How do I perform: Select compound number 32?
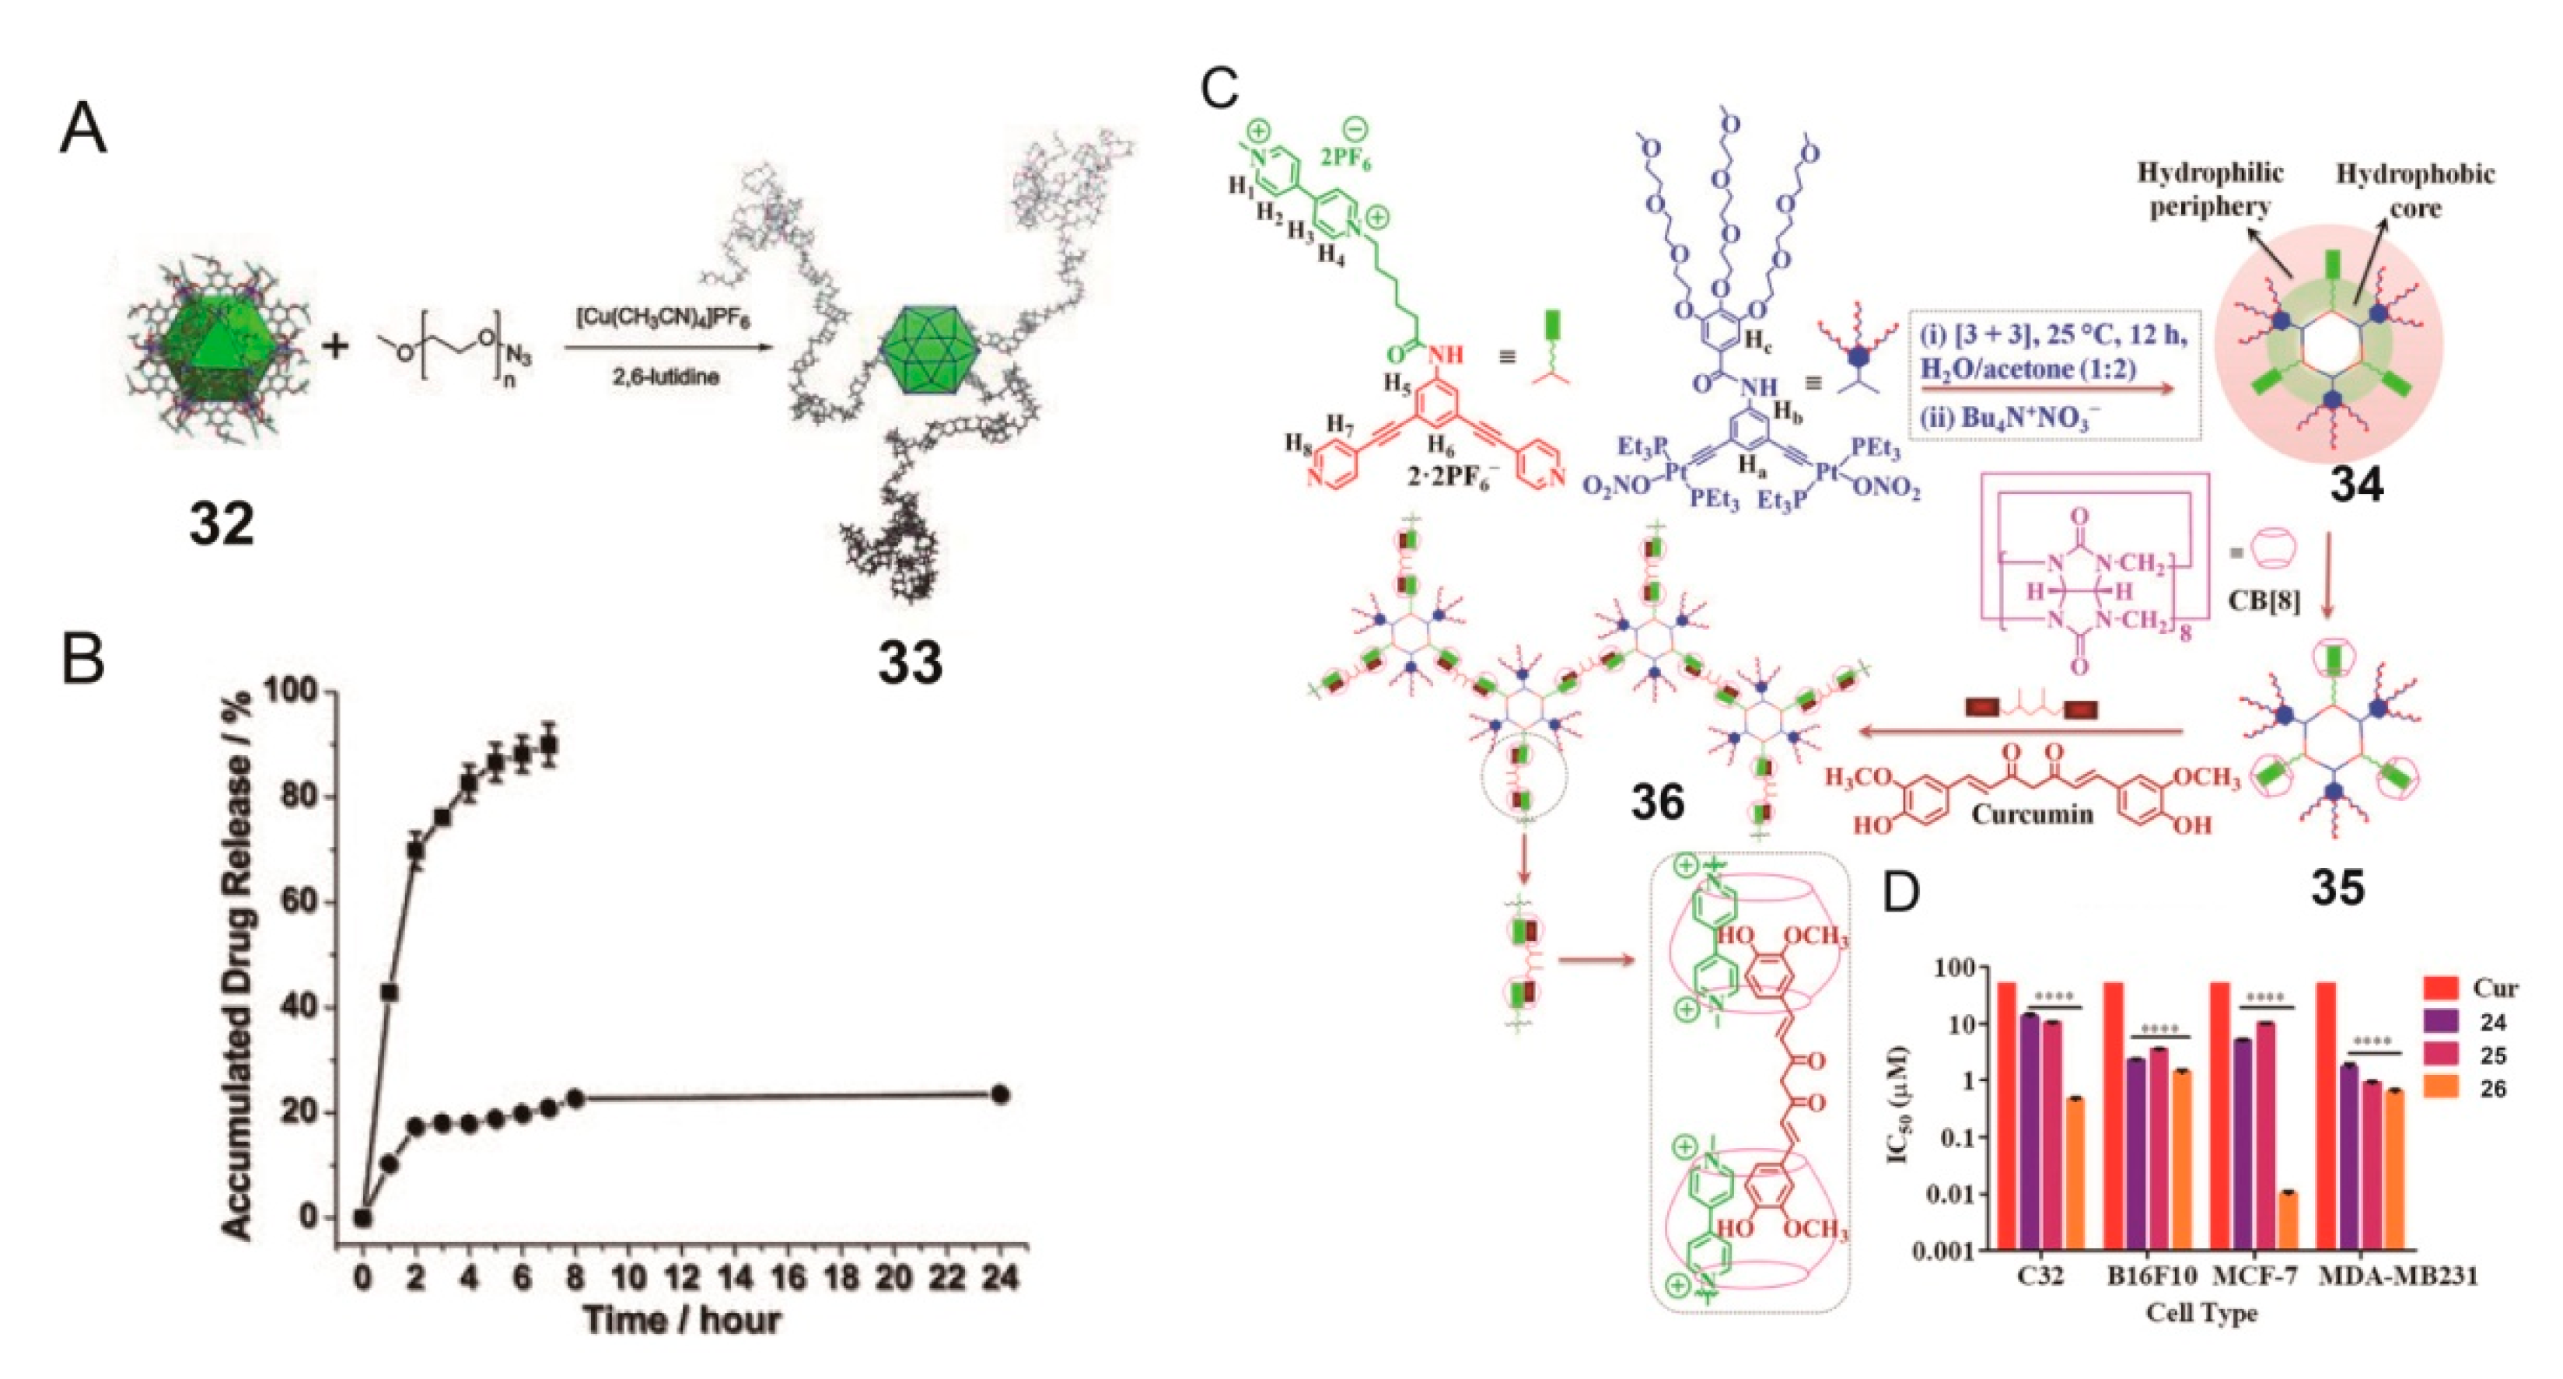click(221, 524)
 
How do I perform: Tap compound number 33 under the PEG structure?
click(909, 663)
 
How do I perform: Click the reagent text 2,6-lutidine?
click(666, 377)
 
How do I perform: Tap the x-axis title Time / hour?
click(681, 1321)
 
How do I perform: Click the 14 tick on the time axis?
click(734, 1276)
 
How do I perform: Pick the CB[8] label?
click(2264, 601)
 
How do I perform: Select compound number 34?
click(2356, 485)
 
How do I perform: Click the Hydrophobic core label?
click(2414, 191)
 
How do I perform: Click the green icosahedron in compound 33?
click(929, 352)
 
